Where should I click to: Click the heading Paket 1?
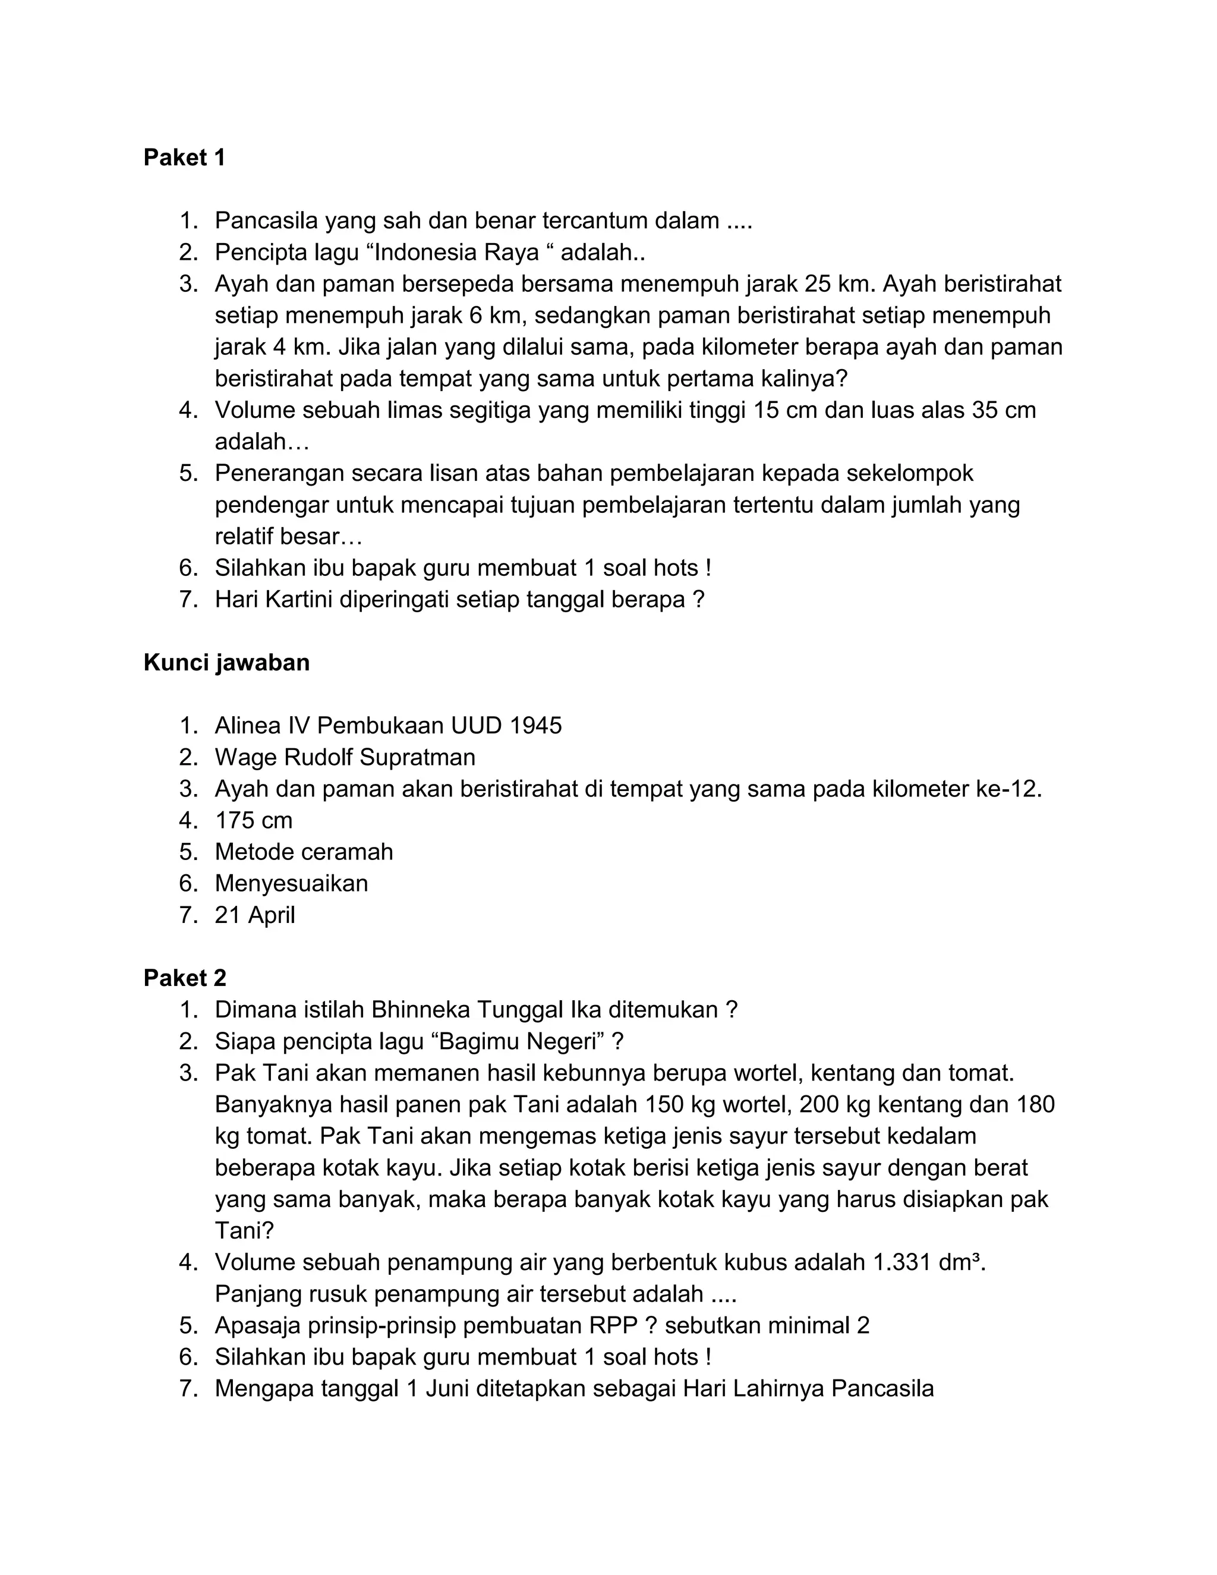[x=185, y=157]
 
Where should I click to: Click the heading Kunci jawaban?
[x=226, y=662]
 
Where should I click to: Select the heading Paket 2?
[x=185, y=978]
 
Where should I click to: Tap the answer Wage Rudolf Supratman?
[x=345, y=757]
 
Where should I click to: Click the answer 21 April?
[x=254, y=915]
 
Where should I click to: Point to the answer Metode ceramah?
[x=304, y=852]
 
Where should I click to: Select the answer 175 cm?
[x=253, y=820]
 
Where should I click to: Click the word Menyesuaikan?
[x=291, y=883]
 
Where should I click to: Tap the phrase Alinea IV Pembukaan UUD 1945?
[x=388, y=726]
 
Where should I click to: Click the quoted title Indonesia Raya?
[x=457, y=253]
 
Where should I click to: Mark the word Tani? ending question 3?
[x=244, y=1231]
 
